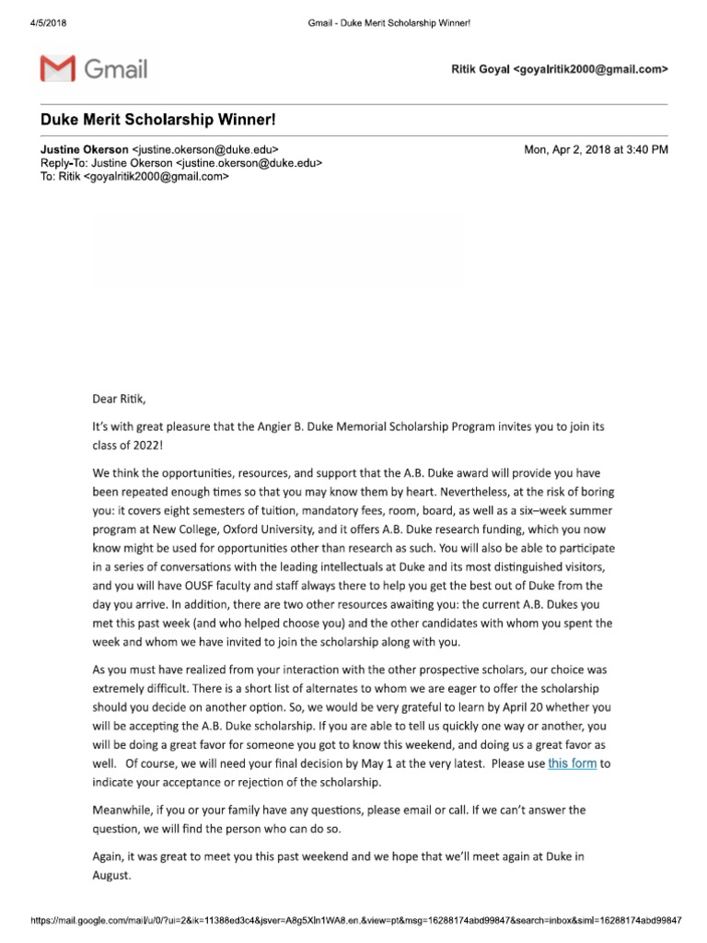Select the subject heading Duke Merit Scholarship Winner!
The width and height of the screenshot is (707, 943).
click(156, 121)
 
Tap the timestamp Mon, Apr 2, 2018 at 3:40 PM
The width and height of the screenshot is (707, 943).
click(595, 149)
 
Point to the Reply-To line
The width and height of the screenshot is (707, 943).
click(180, 163)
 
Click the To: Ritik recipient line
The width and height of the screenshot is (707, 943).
click(133, 177)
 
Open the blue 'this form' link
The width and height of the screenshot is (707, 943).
click(572, 763)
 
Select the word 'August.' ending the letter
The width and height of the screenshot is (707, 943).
click(112, 877)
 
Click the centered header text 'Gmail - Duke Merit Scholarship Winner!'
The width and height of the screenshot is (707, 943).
click(388, 22)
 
